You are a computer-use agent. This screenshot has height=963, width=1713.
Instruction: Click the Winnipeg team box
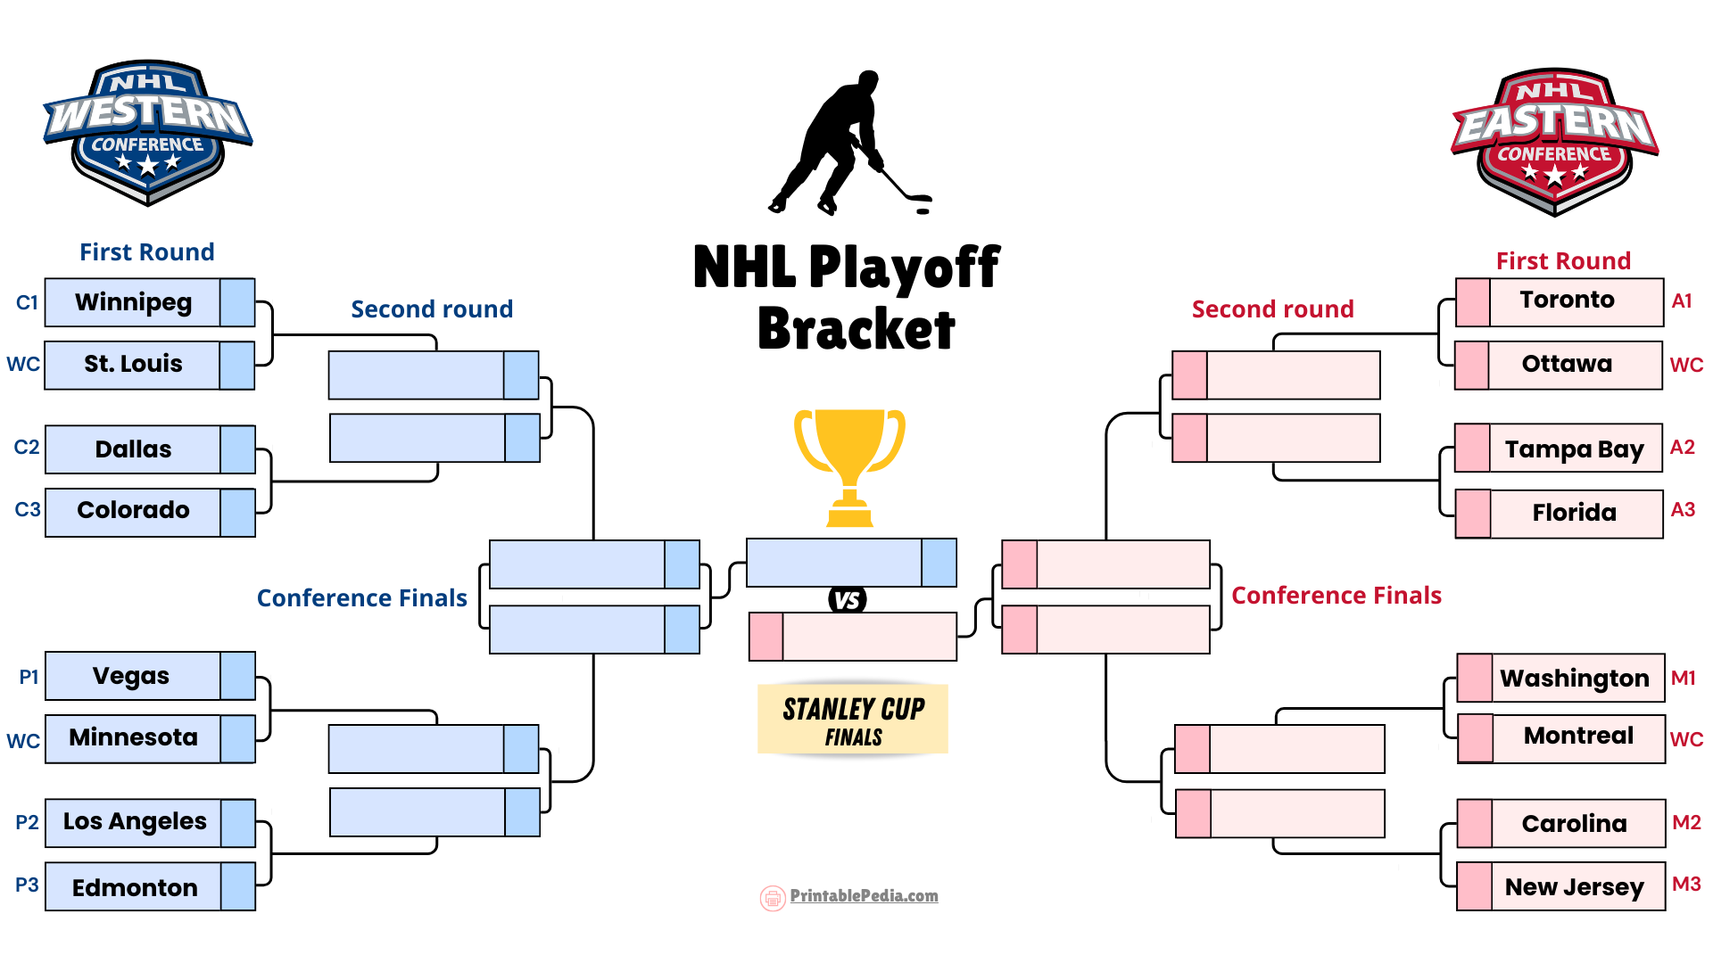coord(150,302)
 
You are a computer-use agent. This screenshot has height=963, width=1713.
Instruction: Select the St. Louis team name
coord(133,364)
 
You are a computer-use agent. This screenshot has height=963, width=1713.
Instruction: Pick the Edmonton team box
coord(150,886)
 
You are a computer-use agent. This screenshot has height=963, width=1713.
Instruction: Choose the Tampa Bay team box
coord(1559,449)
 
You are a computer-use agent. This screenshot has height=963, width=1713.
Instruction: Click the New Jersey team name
coord(1574,887)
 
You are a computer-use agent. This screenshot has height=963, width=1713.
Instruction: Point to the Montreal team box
coord(1561,738)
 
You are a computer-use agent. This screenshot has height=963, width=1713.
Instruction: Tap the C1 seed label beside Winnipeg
coord(27,302)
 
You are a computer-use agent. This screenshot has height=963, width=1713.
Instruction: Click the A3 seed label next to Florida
coord(1683,509)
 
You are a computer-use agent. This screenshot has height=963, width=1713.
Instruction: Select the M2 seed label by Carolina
coord(1686,822)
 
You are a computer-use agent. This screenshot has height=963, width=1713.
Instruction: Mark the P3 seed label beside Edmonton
coord(27,885)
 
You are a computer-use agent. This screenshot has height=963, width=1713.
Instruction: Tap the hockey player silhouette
coord(848,143)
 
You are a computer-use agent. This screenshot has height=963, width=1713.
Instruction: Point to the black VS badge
coord(848,599)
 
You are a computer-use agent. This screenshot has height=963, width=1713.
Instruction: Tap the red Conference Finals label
coord(1336,596)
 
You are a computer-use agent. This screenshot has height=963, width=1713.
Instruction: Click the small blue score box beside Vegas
coord(238,676)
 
